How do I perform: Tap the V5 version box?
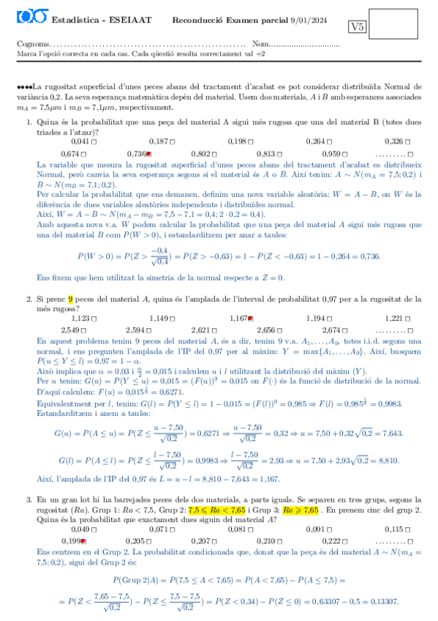[x=358, y=27]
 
